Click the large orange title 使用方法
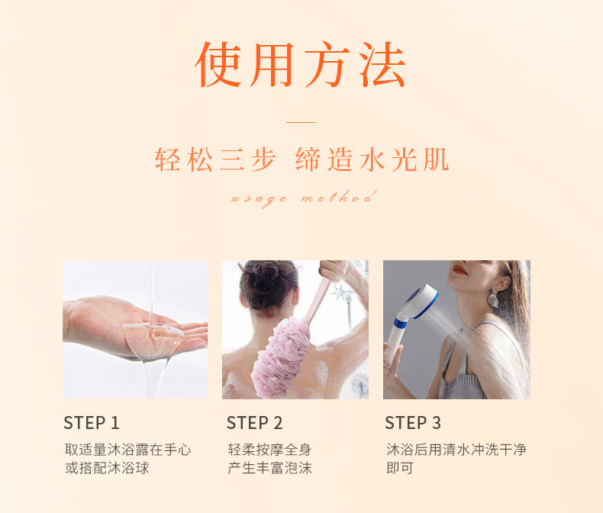coord(300,65)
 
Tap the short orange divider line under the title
coord(301,122)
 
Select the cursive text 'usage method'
coord(303,198)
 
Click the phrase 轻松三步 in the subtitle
coord(215,160)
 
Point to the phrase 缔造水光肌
coord(372,160)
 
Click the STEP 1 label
coord(92,423)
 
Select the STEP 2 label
coord(255,423)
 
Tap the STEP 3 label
coord(413,423)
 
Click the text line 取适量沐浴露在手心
coord(128,450)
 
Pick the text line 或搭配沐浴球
coord(107,468)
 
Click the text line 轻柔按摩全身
coord(269,450)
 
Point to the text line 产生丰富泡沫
coord(269,468)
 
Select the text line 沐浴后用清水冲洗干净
coord(456,450)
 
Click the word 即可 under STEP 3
coord(400,468)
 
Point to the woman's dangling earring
coord(493,297)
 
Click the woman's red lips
coord(460,270)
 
